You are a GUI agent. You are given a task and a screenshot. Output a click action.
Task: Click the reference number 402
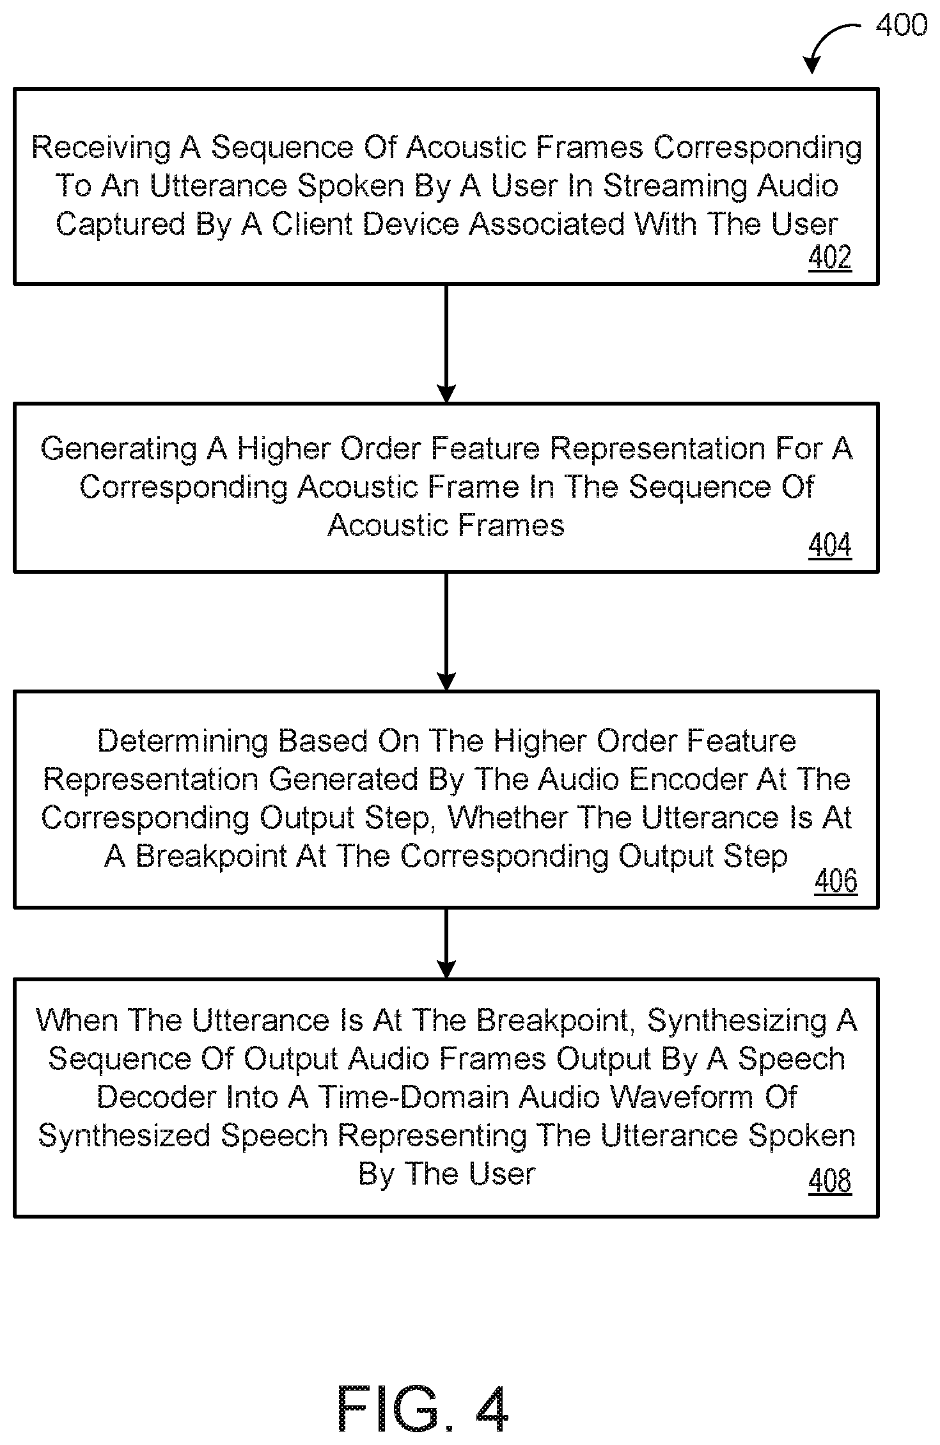point(830,257)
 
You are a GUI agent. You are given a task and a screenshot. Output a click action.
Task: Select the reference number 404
point(830,545)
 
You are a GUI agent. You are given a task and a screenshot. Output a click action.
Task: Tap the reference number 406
point(836,881)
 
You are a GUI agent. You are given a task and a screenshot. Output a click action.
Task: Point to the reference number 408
point(830,1180)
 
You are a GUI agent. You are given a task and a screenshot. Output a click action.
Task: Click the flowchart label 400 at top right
point(901,25)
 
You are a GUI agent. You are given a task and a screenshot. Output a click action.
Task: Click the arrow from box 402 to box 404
point(446,343)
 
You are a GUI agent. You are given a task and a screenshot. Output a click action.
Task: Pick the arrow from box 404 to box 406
point(446,631)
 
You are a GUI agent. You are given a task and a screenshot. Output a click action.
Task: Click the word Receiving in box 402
point(101,148)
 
